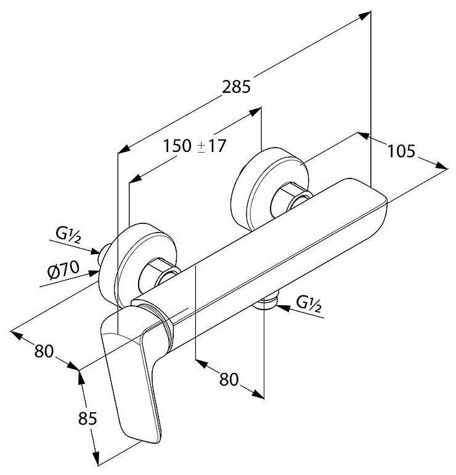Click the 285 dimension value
click(237, 87)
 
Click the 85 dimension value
click(88, 419)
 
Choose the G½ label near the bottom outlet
click(309, 303)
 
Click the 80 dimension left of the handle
click(45, 352)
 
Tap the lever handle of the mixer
click(132, 381)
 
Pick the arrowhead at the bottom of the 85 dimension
click(97, 458)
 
